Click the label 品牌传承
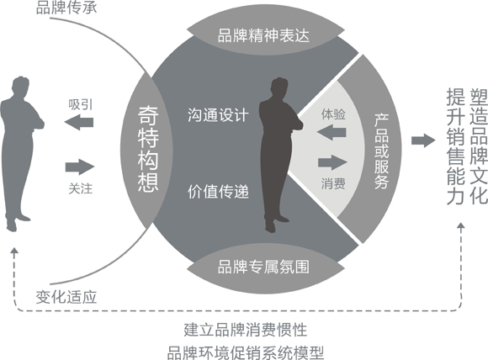[x=66, y=8]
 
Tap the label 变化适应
[x=66, y=297]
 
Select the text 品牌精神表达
[x=263, y=35]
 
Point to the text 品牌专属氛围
[x=263, y=267]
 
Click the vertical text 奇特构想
[x=148, y=149]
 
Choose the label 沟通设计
[x=218, y=115]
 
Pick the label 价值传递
[x=218, y=192]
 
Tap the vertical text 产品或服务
[x=381, y=151]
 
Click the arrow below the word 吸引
[x=79, y=122]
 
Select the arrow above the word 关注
[x=80, y=167]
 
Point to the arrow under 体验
[x=332, y=133]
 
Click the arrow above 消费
[x=332, y=162]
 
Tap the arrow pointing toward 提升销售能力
[x=423, y=140]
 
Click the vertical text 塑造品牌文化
[x=479, y=146]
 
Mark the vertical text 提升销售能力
[x=455, y=146]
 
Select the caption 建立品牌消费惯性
[x=245, y=330]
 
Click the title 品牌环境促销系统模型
[x=245, y=352]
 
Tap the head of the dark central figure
[x=278, y=88]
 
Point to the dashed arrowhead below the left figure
[x=13, y=251]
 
